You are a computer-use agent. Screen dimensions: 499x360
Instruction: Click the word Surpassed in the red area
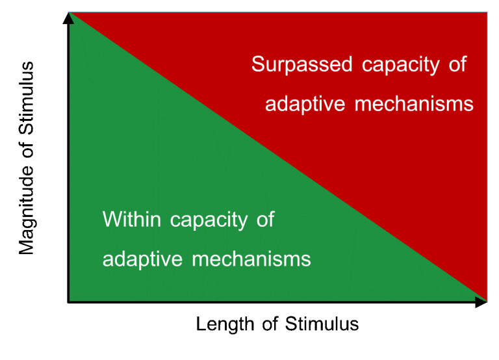[301, 64]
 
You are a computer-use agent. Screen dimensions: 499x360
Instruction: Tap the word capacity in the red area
[400, 66]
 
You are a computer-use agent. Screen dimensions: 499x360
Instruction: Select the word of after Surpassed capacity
[457, 64]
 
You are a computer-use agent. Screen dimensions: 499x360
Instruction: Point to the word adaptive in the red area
[305, 105]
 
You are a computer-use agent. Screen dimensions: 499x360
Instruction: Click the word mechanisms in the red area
[414, 103]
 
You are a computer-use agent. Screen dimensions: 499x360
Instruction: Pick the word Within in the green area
[131, 219]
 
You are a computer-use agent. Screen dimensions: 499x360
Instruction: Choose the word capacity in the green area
[209, 220]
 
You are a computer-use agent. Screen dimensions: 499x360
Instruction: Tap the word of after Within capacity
[265, 219]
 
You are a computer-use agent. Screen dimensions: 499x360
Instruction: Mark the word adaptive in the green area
[142, 259]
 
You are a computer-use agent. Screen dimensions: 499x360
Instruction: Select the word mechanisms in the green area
[251, 259]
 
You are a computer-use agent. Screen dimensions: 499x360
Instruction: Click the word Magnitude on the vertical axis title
[27, 210]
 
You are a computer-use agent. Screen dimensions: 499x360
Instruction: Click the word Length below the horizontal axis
[225, 324]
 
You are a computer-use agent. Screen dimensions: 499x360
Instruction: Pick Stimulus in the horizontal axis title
[322, 324]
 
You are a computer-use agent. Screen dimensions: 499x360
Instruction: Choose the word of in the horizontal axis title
[270, 324]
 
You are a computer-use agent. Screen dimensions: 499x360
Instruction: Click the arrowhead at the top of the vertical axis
[68, 18]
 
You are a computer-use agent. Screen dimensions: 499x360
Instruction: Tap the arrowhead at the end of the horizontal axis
[481, 302]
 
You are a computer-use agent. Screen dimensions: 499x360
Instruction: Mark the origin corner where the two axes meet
[68, 302]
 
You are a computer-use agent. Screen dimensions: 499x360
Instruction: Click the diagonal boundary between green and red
[278, 157]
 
